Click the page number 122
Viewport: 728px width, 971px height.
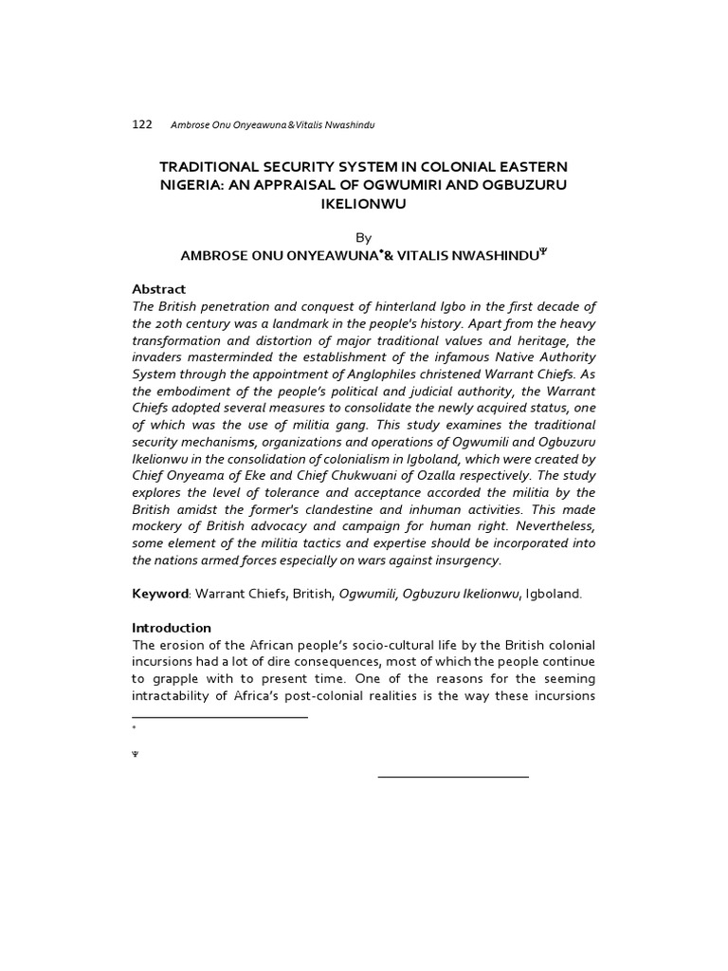(x=142, y=125)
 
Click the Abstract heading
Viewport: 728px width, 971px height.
(x=159, y=288)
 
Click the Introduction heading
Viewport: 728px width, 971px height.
(x=172, y=628)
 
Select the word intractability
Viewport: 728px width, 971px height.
(x=174, y=697)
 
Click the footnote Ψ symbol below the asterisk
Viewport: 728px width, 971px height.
(x=136, y=755)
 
